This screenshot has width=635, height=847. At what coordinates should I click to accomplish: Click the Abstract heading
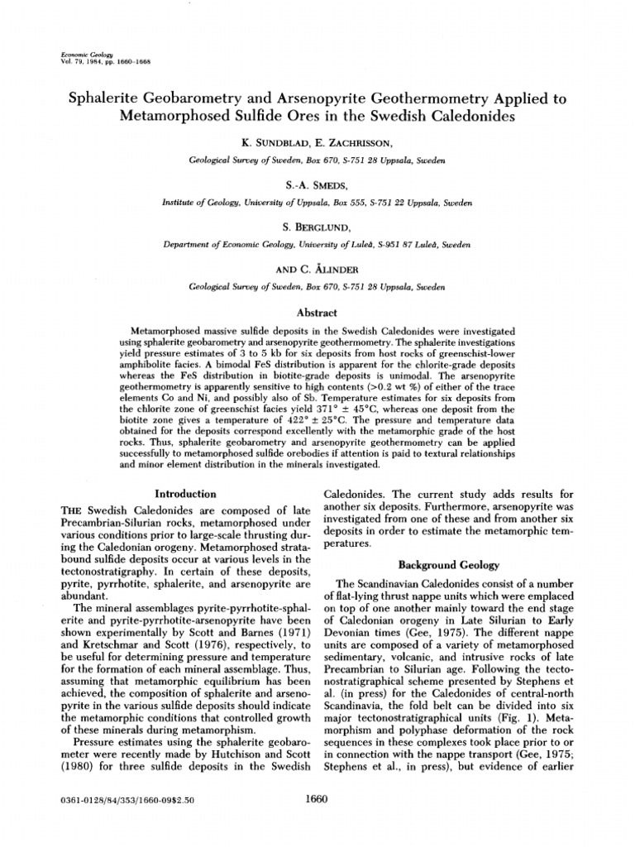pyautogui.click(x=317, y=313)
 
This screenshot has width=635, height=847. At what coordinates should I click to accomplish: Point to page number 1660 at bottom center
pyautogui.click(x=317, y=799)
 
